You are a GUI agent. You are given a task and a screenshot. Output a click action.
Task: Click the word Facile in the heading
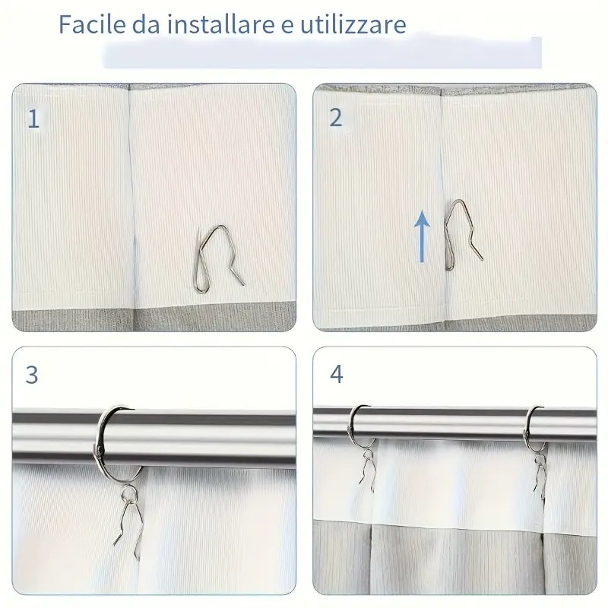click(92, 24)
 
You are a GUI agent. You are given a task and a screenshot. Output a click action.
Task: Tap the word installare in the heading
click(220, 24)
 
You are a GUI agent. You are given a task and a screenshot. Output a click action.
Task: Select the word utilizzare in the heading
click(353, 24)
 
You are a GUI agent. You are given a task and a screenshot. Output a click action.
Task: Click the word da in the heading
click(146, 24)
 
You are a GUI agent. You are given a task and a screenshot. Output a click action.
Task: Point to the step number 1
click(33, 119)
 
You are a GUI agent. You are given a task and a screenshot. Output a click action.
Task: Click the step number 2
click(336, 118)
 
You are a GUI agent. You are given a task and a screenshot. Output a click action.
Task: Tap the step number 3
click(32, 375)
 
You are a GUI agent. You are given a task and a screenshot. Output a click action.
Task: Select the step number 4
click(336, 374)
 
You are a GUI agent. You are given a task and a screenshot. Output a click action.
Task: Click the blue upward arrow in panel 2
click(422, 236)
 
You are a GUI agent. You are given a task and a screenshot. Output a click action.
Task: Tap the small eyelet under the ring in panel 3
click(128, 493)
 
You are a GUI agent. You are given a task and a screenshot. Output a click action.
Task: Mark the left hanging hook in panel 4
click(368, 469)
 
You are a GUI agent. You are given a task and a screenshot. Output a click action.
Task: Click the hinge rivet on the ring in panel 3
click(100, 451)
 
